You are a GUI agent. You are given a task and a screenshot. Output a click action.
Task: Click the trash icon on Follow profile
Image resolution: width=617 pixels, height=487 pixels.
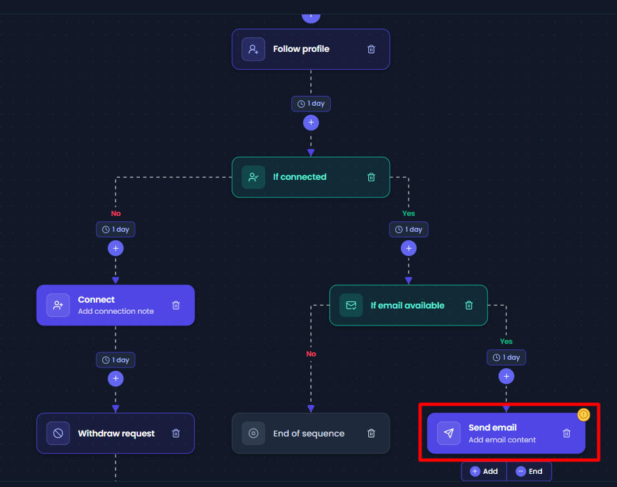371,49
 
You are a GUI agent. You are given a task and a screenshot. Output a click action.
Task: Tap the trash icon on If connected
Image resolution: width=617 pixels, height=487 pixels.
371,177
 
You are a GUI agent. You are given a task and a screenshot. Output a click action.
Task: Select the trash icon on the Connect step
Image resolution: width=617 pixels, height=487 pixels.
176,305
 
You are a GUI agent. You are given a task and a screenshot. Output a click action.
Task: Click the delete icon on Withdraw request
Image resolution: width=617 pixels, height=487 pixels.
176,433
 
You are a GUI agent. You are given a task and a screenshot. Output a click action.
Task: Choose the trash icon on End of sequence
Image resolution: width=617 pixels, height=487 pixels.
371,433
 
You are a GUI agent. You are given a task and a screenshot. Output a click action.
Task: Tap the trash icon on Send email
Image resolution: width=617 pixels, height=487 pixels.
566,433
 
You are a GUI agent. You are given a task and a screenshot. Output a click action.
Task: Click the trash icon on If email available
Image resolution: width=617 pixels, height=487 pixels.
469,305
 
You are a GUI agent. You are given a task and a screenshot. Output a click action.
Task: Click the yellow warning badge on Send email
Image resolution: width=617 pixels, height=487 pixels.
584,414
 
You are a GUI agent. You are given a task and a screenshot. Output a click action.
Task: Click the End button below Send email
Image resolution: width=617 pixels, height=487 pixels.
529,471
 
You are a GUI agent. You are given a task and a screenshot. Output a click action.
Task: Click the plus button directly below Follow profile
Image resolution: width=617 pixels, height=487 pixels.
311,122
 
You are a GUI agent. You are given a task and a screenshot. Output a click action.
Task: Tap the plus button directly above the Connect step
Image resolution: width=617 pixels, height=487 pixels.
116,248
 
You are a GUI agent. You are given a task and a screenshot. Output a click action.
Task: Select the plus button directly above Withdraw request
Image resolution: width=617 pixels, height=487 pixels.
116,379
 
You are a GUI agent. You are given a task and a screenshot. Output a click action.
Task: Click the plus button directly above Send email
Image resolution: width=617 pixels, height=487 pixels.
507,377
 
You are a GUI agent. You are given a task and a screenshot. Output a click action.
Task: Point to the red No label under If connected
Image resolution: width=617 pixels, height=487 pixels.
116,213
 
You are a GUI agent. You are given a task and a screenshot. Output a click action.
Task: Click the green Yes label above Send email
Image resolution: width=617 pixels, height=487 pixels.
506,341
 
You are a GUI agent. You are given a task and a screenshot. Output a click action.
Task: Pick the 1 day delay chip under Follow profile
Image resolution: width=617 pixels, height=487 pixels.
311,104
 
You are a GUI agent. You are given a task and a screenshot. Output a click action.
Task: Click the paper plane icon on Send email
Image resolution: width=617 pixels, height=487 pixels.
448,433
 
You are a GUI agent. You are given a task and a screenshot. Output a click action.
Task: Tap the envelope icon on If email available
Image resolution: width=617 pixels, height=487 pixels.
351,305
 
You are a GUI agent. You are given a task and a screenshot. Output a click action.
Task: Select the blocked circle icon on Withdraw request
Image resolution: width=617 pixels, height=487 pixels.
58,433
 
